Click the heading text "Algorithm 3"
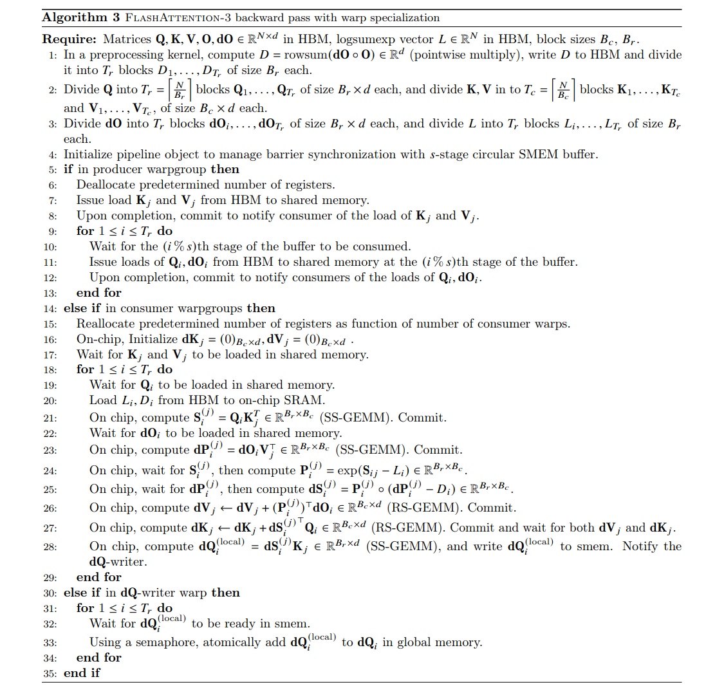75,18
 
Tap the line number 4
52,154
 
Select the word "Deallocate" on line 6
107,185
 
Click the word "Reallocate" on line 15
106,324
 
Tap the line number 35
50,673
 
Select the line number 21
50,418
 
